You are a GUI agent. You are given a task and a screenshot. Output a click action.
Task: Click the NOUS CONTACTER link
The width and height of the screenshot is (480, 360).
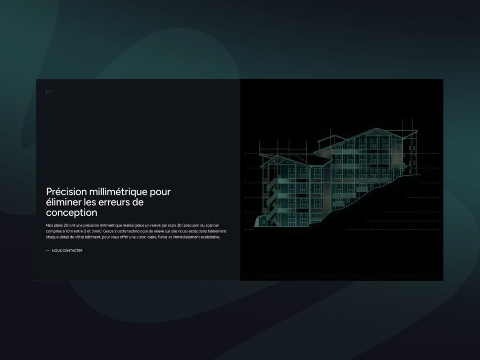click(x=67, y=251)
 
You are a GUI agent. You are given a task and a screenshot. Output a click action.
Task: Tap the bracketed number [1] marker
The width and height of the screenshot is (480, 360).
click(x=49, y=91)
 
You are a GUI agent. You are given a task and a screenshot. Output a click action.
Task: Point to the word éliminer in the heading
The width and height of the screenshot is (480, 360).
click(x=64, y=202)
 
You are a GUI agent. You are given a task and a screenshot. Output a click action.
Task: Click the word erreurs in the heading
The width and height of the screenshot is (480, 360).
click(x=114, y=202)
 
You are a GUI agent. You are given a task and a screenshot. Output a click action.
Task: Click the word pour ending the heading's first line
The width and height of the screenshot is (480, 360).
click(x=160, y=192)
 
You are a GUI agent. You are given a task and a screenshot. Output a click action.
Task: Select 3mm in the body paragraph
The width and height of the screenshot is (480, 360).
click(x=96, y=232)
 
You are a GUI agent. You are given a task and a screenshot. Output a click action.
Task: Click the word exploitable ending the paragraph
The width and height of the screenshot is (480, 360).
click(x=210, y=237)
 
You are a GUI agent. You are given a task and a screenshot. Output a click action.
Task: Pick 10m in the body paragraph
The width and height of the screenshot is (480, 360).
click(x=69, y=232)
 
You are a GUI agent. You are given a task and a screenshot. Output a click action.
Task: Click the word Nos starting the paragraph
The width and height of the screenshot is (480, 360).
click(x=49, y=225)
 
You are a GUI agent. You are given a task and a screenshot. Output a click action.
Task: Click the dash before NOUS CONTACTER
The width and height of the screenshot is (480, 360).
click(x=48, y=250)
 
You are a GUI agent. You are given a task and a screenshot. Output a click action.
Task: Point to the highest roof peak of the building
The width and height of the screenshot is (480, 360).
click(x=377, y=128)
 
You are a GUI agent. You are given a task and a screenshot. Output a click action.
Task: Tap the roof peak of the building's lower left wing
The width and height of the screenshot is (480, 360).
click(x=277, y=156)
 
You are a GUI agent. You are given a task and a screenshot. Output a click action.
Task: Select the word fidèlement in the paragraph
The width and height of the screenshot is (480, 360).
click(x=217, y=232)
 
